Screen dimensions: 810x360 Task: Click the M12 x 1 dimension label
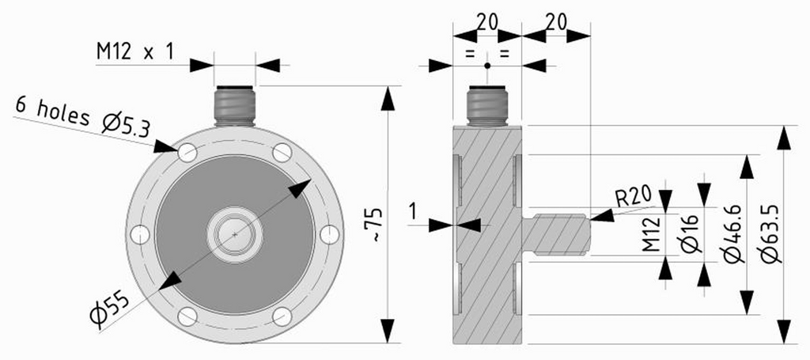135,51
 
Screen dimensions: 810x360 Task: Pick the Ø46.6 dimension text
734,233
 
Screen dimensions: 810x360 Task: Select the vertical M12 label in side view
653,234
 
